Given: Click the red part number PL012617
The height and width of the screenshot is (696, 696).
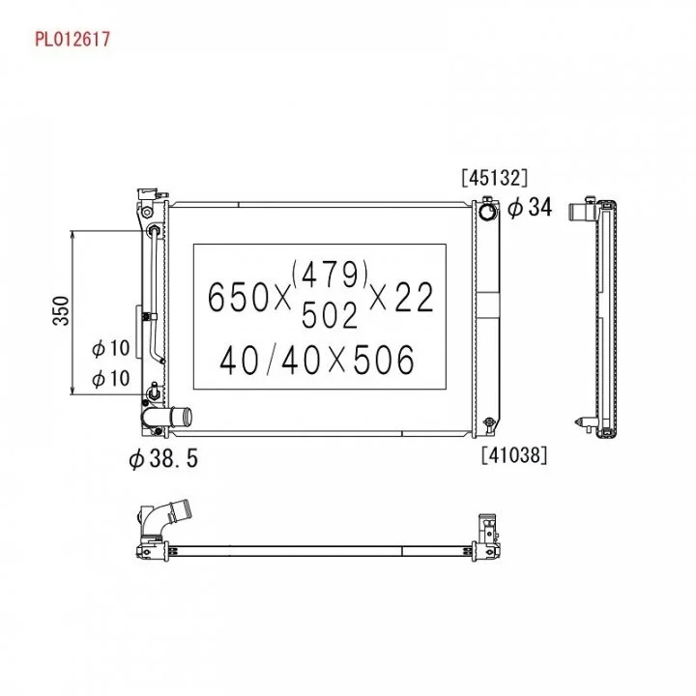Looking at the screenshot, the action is [72, 39].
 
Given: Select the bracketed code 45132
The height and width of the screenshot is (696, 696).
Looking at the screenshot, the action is [495, 178].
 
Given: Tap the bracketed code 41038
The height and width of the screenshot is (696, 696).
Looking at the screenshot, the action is [514, 455].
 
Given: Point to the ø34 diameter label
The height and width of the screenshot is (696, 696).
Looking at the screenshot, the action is [530, 207].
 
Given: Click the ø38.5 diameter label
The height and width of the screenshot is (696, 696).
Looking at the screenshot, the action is [163, 458].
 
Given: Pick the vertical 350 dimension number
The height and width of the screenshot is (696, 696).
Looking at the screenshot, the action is [61, 310].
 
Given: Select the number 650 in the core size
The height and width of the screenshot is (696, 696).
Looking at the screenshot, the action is [238, 297].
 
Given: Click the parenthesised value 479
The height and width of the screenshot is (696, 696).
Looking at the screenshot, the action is [330, 275].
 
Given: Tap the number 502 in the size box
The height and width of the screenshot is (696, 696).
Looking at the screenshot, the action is [330, 315].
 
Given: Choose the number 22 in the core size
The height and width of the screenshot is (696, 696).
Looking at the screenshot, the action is [414, 297].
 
